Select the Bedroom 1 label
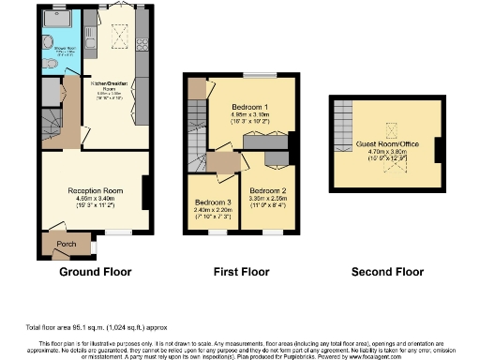click(250, 108)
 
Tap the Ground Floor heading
click(95, 272)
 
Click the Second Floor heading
click(387, 272)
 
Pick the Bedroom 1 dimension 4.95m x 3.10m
click(250, 115)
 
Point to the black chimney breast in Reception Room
click(146, 192)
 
